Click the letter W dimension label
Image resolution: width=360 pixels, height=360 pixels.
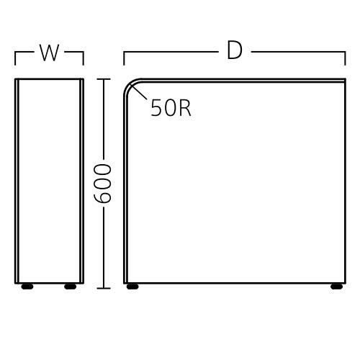pos(50,53)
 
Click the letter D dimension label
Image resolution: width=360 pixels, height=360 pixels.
pos(235,50)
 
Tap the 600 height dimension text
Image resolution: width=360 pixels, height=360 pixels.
pos(103,184)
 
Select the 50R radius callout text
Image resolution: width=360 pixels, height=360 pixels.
pos(171,108)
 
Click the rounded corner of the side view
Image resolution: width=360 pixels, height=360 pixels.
pos(130,84)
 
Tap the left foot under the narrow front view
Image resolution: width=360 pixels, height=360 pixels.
pos(27,287)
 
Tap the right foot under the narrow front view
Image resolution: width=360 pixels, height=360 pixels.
pos(71,287)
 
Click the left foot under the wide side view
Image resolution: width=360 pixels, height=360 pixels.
pos(132,287)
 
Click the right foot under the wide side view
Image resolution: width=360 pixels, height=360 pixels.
pos(337,287)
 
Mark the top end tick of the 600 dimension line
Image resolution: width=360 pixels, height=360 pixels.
pos(104,79)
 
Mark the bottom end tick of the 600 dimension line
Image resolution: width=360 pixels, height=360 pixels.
pos(104,288)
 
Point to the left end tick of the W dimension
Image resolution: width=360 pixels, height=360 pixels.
pos(15,58)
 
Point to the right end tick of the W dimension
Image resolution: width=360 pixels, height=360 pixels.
pos(84,58)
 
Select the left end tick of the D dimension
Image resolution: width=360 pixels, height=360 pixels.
pos(124,58)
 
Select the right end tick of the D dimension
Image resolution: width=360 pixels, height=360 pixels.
pos(345,58)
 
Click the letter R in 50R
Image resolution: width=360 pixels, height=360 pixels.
pos(185,108)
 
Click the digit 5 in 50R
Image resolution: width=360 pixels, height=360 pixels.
pos(156,108)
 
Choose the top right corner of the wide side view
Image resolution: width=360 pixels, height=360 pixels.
pos(346,78)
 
